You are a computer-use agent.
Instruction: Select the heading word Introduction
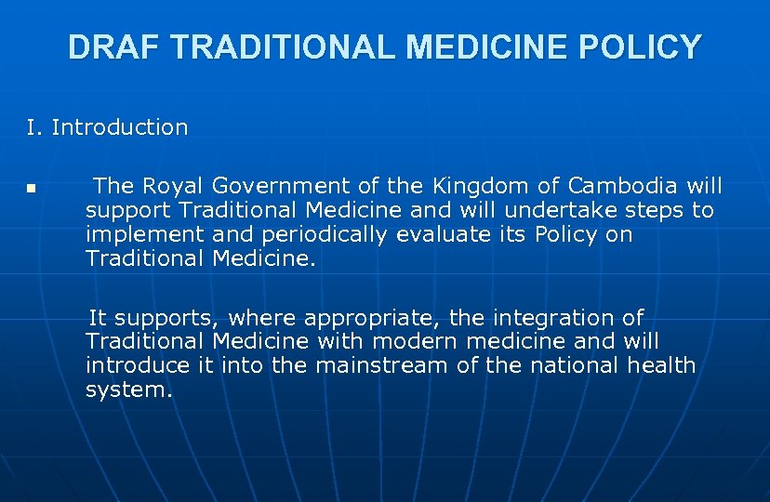coord(120,127)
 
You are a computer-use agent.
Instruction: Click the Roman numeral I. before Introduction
coord(34,127)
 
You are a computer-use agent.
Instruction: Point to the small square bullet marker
coord(30,189)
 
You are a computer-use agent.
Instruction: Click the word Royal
coord(173,186)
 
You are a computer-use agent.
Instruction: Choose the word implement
coord(145,235)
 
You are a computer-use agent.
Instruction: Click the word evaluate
coord(445,235)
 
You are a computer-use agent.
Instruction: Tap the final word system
coord(128,390)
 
